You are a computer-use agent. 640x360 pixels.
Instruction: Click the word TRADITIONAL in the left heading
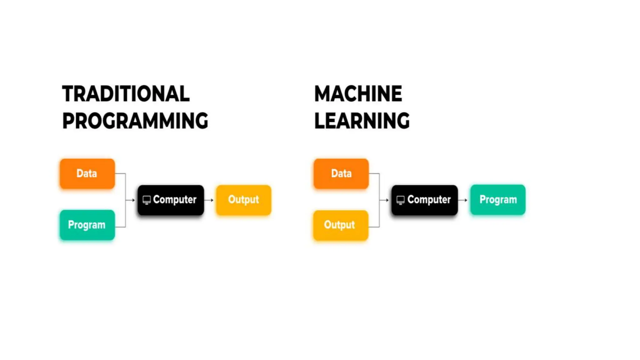click(126, 94)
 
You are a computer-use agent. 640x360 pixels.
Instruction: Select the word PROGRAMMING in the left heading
click(135, 121)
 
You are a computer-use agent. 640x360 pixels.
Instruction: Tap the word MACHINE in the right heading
click(358, 94)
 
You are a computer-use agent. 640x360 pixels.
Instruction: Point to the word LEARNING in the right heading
click(362, 121)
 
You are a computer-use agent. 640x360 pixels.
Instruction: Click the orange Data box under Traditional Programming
click(87, 173)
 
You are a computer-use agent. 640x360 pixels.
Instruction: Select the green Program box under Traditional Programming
click(87, 225)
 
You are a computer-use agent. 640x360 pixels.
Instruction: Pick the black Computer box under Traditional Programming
click(171, 200)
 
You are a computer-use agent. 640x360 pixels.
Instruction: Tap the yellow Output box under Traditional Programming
click(243, 200)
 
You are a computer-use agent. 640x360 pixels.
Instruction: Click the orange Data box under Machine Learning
click(341, 173)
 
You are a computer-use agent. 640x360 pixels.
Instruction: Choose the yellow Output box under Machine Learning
click(341, 225)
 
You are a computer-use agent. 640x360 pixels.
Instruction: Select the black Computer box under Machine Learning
click(424, 200)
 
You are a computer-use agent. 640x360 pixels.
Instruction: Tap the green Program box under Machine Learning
click(498, 200)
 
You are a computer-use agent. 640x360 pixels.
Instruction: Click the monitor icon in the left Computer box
click(147, 200)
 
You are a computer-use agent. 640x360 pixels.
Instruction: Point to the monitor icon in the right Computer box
click(400, 200)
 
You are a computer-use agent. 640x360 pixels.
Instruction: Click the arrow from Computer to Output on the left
click(209, 200)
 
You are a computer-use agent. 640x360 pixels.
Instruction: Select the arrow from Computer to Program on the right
click(463, 200)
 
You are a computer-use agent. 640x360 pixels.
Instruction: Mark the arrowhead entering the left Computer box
click(133, 200)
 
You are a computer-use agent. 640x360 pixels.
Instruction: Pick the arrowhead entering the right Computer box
click(387, 200)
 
